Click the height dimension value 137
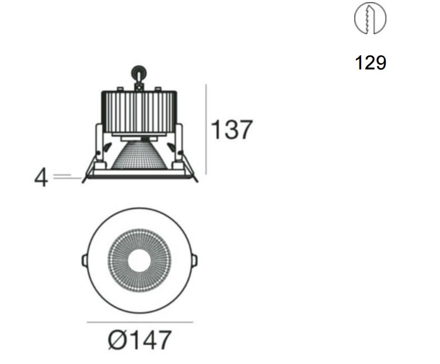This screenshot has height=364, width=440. pos(231,129)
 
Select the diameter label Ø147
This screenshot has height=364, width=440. pos(139,340)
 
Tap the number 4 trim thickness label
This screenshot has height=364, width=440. pos(41,177)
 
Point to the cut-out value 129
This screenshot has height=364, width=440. pos(371,63)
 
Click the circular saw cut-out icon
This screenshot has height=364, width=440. pos(370,18)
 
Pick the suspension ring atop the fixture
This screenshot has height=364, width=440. pos(139,74)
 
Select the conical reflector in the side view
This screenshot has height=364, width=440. pos(139,155)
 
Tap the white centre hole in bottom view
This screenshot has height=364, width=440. pos(139,260)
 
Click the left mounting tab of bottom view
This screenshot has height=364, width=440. pos(84,260)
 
